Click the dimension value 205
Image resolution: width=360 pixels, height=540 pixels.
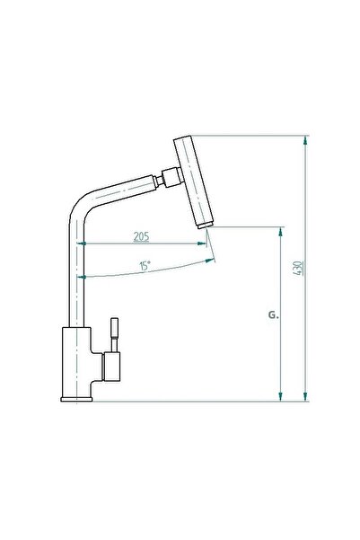click(x=141, y=237)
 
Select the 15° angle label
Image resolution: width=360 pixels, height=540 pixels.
click(x=144, y=267)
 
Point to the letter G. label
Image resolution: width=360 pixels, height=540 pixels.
click(x=273, y=316)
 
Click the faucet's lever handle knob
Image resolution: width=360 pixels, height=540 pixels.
click(x=114, y=328)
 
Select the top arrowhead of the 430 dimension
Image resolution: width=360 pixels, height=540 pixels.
click(x=306, y=141)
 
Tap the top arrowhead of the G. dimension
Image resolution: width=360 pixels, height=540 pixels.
click(x=282, y=231)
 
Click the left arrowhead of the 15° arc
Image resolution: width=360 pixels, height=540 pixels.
click(x=85, y=278)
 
